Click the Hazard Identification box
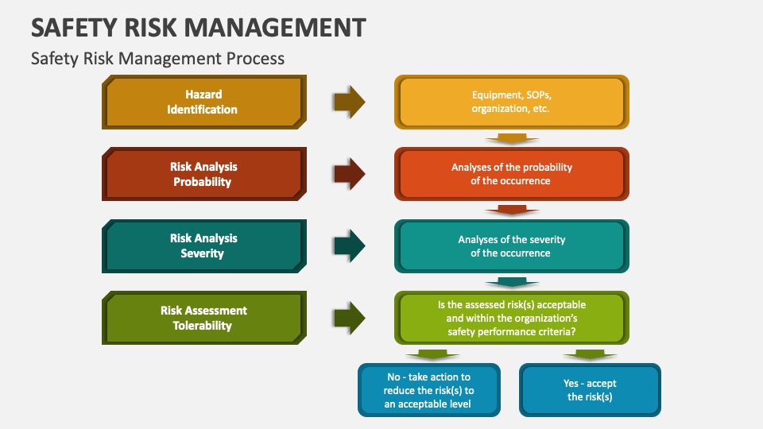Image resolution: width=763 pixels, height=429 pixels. (x=202, y=102)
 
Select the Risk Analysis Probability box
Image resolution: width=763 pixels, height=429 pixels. (x=202, y=174)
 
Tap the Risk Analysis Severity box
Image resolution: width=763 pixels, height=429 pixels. (x=202, y=245)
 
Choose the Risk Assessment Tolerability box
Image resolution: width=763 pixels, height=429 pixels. (x=202, y=318)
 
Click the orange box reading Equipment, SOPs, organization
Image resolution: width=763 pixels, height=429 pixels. (x=511, y=102)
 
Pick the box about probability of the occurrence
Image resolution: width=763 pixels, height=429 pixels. (x=511, y=174)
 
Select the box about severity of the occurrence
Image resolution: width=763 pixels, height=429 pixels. (x=511, y=245)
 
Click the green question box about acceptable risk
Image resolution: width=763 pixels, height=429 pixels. (x=511, y=317)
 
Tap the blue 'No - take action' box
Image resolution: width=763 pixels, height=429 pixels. (x=429, y=390)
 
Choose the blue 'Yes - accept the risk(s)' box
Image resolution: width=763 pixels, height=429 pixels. (x=590, y=390)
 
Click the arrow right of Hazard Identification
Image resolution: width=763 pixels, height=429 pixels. (x=349, y=101)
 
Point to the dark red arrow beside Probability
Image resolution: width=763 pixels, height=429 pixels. (x=349, y=173)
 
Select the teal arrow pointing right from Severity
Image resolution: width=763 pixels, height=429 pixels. (x=349, y=245)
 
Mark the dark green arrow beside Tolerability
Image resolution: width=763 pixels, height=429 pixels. (x=349, y=318)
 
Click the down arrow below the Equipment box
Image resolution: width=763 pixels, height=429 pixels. (x=511, y=138)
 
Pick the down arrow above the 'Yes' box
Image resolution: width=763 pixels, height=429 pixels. (x=590, y=354)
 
